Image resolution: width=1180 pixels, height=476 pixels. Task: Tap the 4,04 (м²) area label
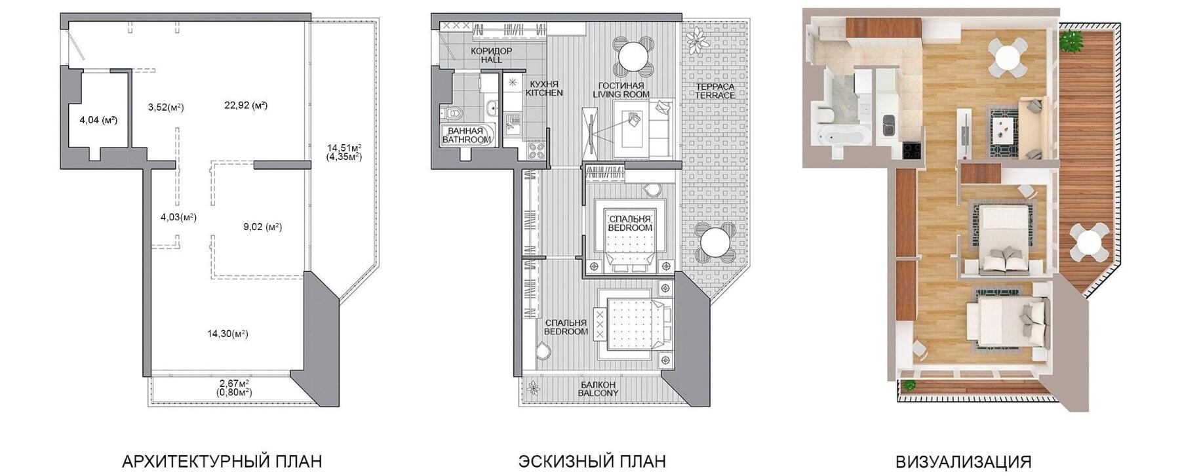98,120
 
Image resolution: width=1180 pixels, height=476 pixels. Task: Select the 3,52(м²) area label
165,108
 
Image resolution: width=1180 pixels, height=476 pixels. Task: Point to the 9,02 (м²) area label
262,227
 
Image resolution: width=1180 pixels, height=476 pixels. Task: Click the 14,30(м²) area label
227,334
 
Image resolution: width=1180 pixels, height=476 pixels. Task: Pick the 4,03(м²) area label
178,217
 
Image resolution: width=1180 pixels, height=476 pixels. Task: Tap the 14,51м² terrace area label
344,148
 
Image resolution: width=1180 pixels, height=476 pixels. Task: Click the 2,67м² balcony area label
234,384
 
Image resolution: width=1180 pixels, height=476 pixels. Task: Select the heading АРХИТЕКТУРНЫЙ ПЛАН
222,461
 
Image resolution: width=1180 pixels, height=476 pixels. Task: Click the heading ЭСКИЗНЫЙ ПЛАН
592,461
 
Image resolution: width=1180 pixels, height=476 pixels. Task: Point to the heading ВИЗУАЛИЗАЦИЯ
963,461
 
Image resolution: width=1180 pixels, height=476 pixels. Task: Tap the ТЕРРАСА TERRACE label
715,90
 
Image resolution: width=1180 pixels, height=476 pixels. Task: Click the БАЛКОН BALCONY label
598,389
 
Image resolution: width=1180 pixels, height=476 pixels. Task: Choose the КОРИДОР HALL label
491,55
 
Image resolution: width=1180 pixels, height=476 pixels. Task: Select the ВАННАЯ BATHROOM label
467,135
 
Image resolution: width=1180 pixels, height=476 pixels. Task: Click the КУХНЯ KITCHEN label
544,89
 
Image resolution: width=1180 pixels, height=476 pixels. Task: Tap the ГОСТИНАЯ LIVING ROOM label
621,90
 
